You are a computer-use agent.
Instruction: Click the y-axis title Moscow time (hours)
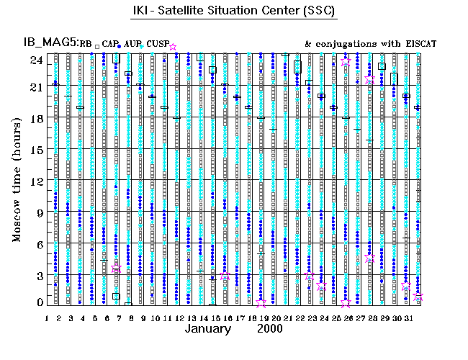pyautogui.click(x=17, y=172)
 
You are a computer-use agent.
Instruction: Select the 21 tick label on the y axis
pyautogui.click(x=35, y=87)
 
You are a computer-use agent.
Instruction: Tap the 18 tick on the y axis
pyautogui.click(x=35, y=118)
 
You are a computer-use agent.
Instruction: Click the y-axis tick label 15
pyautogui.click(x=35, y=150)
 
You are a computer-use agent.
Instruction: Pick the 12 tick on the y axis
pyautogui.click(x=35, y=181)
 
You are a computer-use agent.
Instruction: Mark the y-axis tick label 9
pyautogui.click(x=38, y=212)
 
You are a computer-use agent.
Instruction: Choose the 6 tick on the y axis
pyautogui.click(x=38, y=243)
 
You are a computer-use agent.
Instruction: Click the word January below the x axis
pyautogui.click(x=208, y=330)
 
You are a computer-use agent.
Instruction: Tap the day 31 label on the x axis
pyautogui.click(x=407, y=317)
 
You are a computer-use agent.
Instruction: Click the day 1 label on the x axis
pyautogui.click(x=47, y=317)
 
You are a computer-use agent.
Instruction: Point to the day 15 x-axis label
pyautogui.click(x=215, y=317)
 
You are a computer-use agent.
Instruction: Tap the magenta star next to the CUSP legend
pyautogui.click(x=172, y=47)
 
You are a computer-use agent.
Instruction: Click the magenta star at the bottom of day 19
pyautogui.click(x=261, y=303)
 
